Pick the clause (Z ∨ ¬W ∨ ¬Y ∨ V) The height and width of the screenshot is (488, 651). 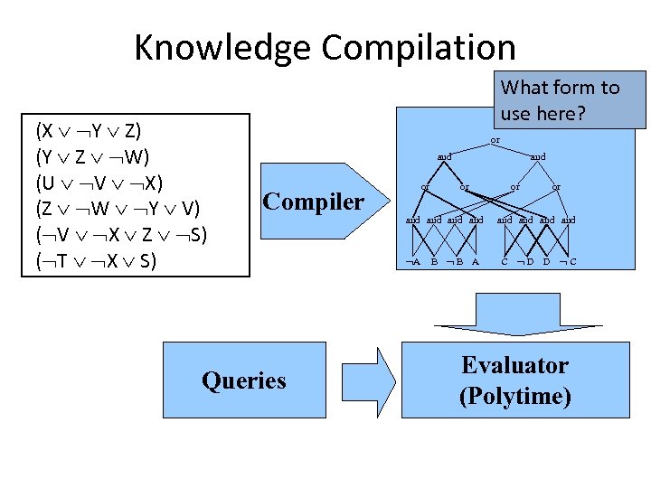(x=117, y=209)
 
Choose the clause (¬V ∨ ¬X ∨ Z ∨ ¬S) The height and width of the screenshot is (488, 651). (x=120, y=235)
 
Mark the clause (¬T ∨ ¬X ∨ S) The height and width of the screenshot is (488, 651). (x=96, y=262)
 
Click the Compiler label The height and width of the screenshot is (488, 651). (x=313, y=202)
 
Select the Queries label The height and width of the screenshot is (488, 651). (x=244, y=380)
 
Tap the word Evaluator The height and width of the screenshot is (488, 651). (x=514, y=366)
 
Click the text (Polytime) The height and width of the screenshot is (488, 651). (x=514, y=396)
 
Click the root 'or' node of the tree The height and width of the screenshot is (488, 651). (x=495, y=140)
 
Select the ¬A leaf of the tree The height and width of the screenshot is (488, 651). (x=413, y=262)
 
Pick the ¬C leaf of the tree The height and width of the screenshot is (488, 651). (x=568, y=262)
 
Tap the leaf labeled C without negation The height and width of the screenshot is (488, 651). (x=505, y=262)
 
